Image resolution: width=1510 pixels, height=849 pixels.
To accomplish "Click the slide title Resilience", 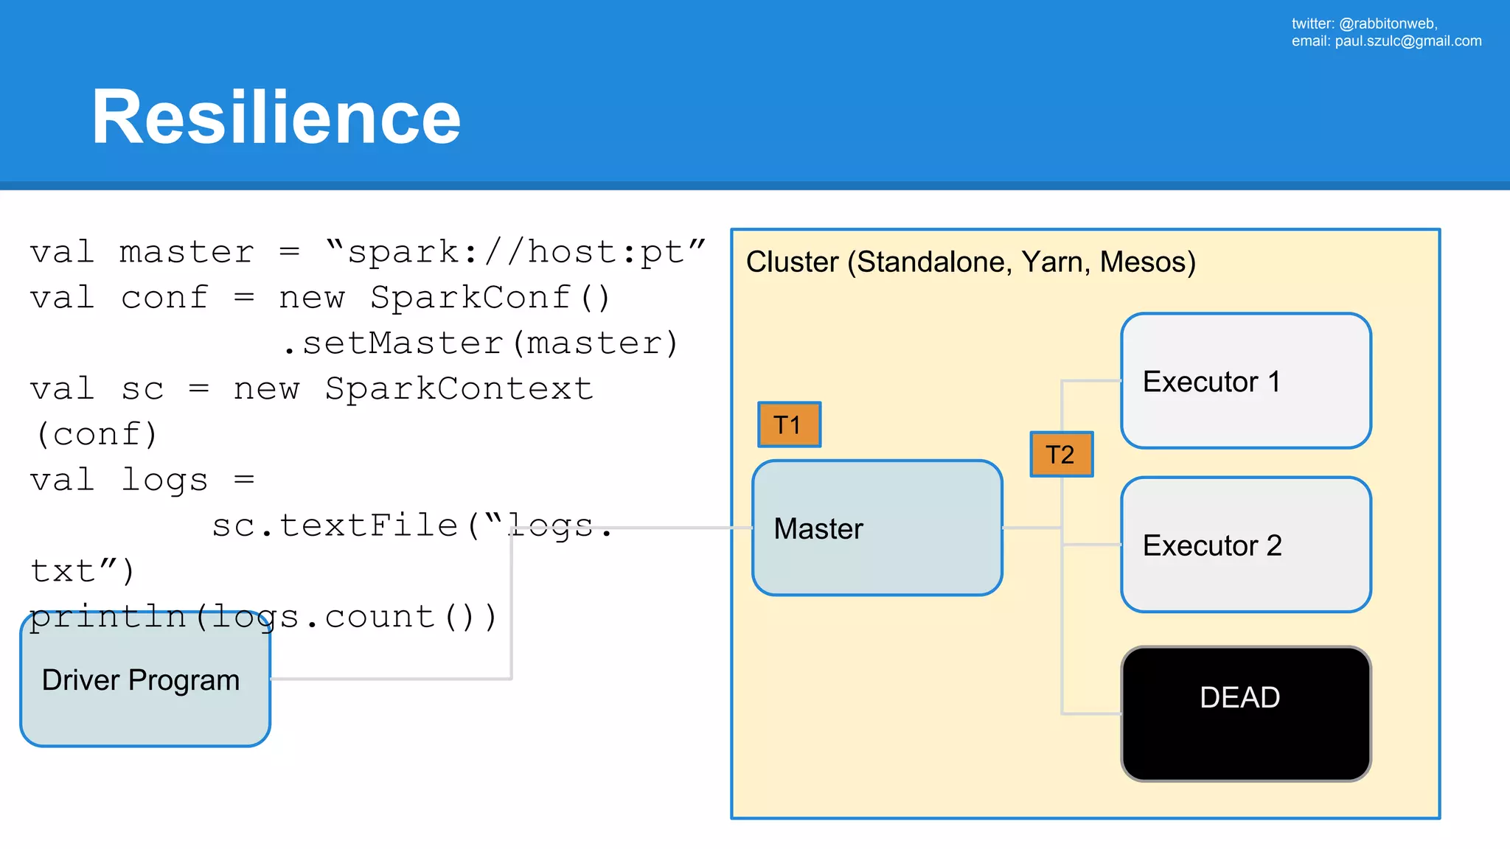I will pos(276,117).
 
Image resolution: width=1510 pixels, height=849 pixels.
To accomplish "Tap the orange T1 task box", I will pos(789,424).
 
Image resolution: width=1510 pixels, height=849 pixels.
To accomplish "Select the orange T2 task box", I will pos(1061,454).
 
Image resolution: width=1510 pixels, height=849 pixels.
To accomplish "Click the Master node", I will pos(877,528).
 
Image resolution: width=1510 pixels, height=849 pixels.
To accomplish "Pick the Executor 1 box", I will pos(1245,381).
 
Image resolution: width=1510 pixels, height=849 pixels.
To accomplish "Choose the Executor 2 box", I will pos(1245,545).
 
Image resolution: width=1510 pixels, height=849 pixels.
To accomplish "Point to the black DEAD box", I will pos(1245,713).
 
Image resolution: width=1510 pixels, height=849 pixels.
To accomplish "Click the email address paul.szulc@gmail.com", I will pos(1408,41).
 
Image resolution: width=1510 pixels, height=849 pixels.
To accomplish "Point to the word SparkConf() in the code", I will pos(490,298).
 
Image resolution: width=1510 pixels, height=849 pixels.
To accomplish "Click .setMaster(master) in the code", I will pos(481,343).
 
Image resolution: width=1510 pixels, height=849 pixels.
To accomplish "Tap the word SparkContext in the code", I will pos(459,389).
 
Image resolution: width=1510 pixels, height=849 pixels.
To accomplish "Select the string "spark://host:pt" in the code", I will pos(515,253).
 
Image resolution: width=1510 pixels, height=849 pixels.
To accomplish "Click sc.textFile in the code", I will pos(335,525).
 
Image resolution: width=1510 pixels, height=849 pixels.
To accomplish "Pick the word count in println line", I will pos(380,617).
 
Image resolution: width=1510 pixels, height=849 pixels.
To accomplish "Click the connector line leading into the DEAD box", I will pos(1091,713).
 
